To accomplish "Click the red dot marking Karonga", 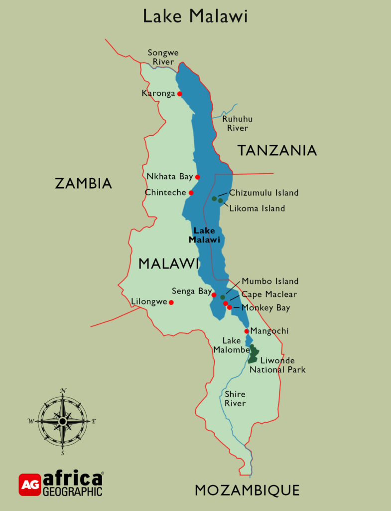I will coord(180,93).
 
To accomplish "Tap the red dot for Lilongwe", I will coord(171,302).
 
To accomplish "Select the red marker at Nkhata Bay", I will coord(198,177).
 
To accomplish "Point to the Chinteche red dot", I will coord(191,193).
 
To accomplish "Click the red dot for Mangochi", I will coord(247,331).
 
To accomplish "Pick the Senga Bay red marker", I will coord(214,295).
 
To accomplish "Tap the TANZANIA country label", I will coord(276,150).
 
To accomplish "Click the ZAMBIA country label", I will coord(83,183).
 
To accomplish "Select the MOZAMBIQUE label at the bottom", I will coord(247,490).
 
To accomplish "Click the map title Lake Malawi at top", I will coord(195,16).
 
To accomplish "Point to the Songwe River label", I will coord(163,57).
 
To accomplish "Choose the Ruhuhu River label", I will coord(237,123).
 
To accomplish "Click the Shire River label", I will coord(235,399).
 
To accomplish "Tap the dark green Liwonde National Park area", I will coord(254,354).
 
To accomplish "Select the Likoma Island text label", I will coord(257,208).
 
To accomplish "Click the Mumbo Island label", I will coord(270,281).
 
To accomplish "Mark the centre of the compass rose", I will coord(63,421).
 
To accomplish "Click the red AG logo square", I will coord(30,485).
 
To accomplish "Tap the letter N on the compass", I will coord(63,390).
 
